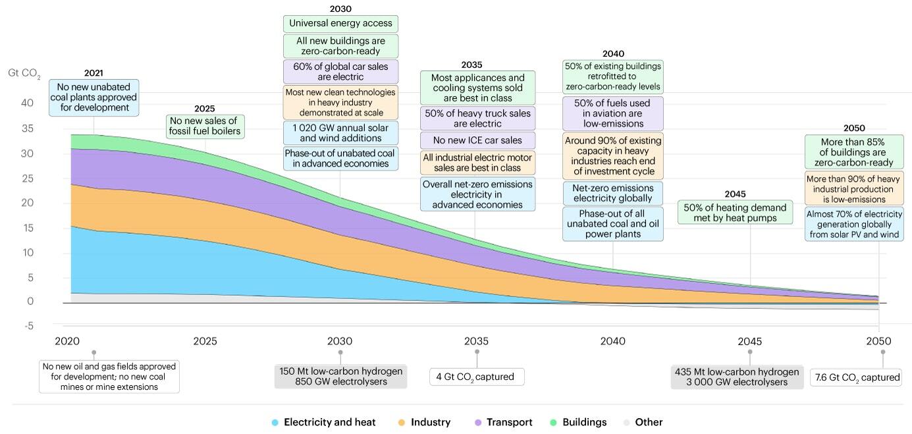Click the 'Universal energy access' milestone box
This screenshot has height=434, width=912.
341,24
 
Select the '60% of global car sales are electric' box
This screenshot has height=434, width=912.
341,72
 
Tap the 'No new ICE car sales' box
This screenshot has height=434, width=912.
477,140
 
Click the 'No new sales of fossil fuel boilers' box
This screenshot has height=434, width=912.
205,126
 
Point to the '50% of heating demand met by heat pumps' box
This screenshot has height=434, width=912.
736,213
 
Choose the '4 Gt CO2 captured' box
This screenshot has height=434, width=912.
477,377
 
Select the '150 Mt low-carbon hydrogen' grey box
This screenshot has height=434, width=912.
341,377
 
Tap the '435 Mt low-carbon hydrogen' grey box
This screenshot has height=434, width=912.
737,377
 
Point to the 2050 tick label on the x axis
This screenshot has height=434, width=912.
878,341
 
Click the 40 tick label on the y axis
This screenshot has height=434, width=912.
27,103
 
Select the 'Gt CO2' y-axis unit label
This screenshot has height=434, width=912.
24,73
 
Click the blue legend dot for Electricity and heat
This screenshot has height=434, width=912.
275,422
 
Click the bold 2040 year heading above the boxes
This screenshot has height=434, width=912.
613,53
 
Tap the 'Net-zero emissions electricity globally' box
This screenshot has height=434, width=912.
613,193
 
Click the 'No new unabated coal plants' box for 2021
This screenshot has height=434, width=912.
94,97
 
